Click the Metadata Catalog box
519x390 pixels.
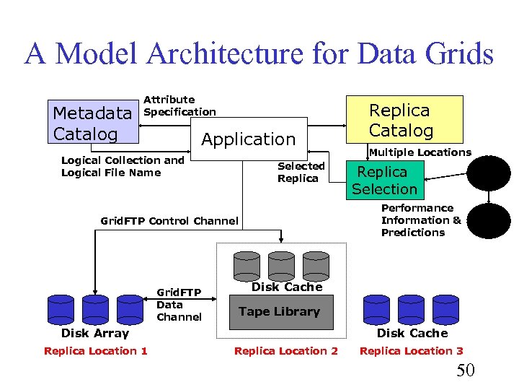pyautogui.click(x=93, y=123)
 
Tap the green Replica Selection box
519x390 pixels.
pyautogui.click(x=384, y=181)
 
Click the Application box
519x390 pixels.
pyautogui.click(x=248, y=139)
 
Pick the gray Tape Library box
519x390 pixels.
pyautogui.click(x=280, y=312)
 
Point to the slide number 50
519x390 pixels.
pyautogui.click(x=466, y=371)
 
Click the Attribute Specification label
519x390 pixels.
pyautogui.click(x=179, y=105)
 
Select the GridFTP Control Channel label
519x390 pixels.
pyautogui.click(x=169, y=221)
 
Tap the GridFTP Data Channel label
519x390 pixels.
pyautogui.click(x=179, y=305)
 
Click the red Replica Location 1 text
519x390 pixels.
pyautogui.click(x=96, y=351)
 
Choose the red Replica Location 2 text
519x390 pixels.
pyautogui.click(x=285, y=351)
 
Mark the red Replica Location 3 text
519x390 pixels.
pyautogui.click(x=412, y=351)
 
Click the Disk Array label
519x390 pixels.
pyautogui.click(x=95, y=333)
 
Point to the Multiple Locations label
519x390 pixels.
pyautogui.click(x=420, y=152)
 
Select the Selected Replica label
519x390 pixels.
pyautogui.click(x=301, y=172)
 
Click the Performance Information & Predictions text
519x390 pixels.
pyautogui.click(x=421, y=220)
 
